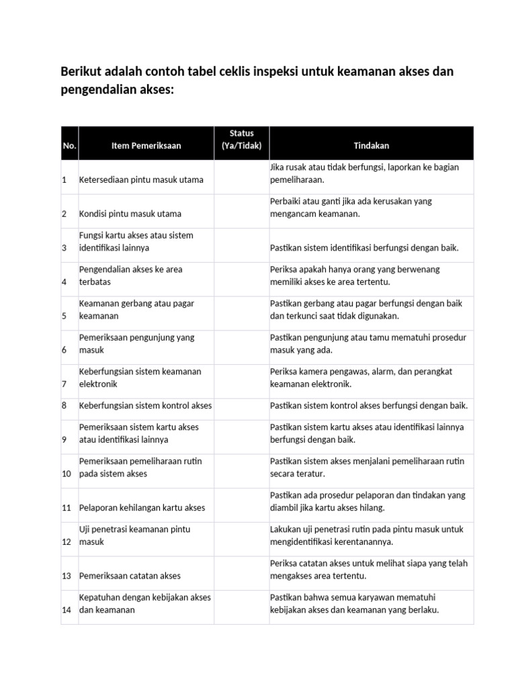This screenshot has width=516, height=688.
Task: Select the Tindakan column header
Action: (371, 146)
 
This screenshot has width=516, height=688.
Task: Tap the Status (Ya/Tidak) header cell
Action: (241, 139)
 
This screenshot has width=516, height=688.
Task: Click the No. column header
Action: (69, 146)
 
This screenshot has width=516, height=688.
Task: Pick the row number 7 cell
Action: (64, 384)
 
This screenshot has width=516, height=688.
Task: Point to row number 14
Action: (67, 610)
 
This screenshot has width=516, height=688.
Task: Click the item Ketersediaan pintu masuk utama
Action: (141, 180)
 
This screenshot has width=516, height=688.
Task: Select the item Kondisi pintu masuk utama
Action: (130, 214)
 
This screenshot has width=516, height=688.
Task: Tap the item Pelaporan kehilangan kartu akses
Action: (142, 508)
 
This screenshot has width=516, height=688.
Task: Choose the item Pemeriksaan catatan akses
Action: (130, 576)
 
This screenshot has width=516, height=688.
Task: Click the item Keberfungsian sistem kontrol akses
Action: (145, 406)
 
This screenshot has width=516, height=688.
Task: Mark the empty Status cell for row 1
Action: (241, 177)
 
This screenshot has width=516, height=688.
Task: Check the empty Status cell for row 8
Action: (241, 406)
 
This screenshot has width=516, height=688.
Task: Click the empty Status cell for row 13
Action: (241, 572)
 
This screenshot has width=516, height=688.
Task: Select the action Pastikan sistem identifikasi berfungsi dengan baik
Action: (364, 249)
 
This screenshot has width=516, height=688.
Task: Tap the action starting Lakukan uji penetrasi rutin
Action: (366, 535)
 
